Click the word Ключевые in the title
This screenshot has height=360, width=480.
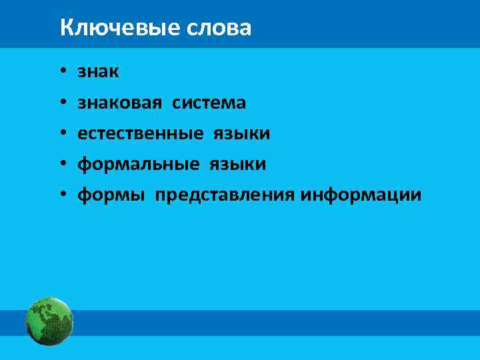coord(113,28)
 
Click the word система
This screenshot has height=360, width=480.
coord(209,103)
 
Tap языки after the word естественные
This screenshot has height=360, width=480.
coord(242,134)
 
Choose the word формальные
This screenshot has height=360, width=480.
coord(139,164)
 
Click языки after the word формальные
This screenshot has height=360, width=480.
coord(238,165)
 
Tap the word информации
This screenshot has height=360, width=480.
coord(361,195)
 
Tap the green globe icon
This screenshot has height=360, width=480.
coord(49,321)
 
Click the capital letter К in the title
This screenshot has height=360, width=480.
coord(65,28)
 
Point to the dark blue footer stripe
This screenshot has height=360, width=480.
coord(267,323)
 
